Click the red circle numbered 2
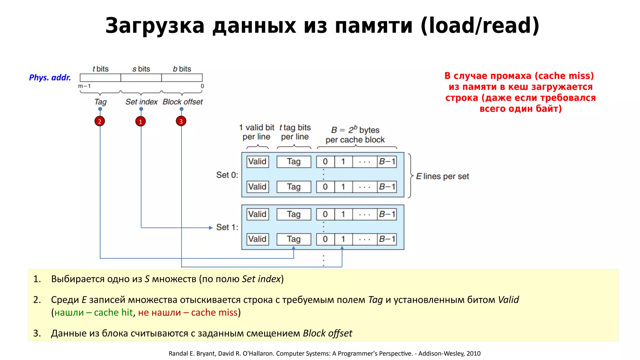[x=100, y=121]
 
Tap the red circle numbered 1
[x=141, y=121]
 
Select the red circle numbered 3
[x=181, y=121]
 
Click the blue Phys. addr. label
[x=50, y=77]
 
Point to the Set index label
[x=141, y=102]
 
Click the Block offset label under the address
[x=182, y=102]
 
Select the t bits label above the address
[x=100, y=69]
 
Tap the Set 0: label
[x=227, y=175]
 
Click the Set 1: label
[x=227, y=227]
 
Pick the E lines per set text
[x=442, y=176]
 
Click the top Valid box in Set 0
[x=257, y=162]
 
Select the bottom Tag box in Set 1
[x=294, y=239]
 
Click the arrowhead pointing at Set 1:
[x=211, y=228]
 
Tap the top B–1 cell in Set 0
[x=387, y=162]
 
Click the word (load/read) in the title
[x=480, y=26]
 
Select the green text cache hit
[x=113, y=312]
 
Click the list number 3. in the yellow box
[x=37, y=333]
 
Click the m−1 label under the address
[x=84, y=86]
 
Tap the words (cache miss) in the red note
[x=564, y=76]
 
